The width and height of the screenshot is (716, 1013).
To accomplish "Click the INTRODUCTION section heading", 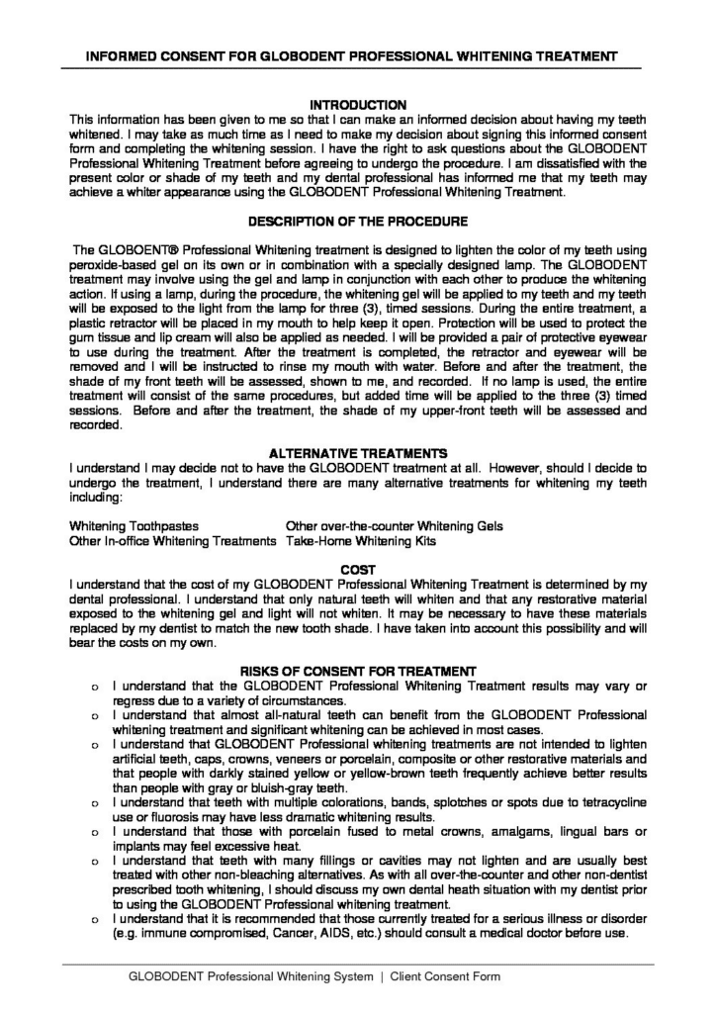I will [358, 104].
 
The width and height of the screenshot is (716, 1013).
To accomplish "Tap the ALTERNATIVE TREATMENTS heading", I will [358, 453].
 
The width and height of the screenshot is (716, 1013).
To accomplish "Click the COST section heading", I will [358, 570].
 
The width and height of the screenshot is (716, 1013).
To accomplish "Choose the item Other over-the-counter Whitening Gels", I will [395, 526].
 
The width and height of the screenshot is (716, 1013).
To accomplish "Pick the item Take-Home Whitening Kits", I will [360, 541].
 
